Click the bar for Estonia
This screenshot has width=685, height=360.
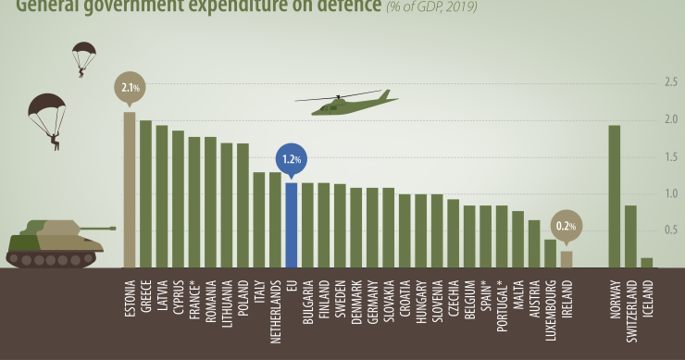click(x=130, y=190)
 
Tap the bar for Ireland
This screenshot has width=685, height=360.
click(x=567, y=259)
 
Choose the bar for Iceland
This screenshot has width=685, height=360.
click(x=646, y=263)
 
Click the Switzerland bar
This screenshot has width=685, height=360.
click(x=630, y=236)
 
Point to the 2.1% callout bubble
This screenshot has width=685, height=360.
click(x=129, y=88)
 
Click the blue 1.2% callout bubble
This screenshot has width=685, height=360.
click(x=292, y=159)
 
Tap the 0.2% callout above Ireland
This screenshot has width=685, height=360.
click(x=566, y=226)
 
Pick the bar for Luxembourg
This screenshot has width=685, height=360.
click(x=550, y=254)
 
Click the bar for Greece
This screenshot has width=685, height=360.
click(x=145, y=194)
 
